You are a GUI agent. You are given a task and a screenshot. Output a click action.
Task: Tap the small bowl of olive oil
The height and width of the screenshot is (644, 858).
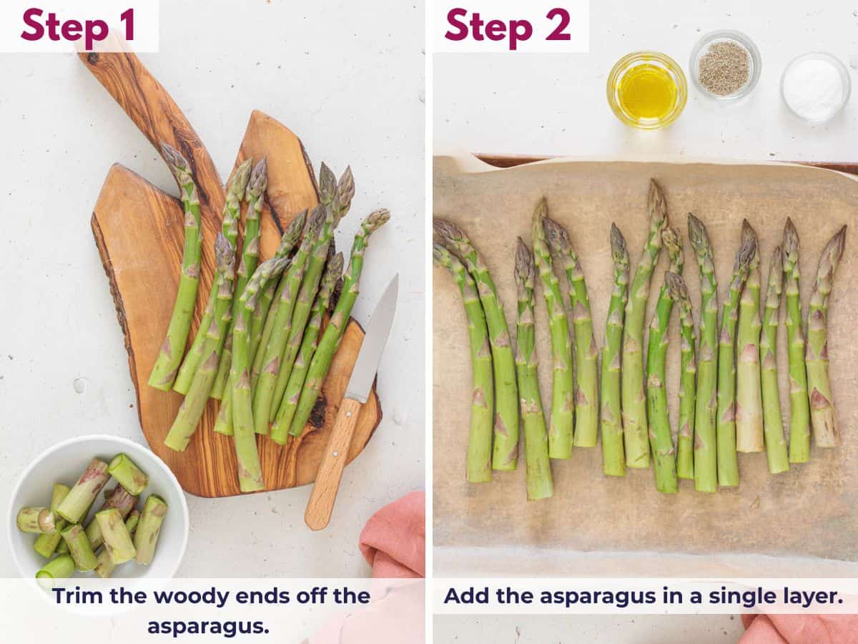(x=646, y=90)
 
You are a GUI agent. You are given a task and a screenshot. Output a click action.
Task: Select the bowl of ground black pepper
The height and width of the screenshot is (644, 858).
(x=724, y=67)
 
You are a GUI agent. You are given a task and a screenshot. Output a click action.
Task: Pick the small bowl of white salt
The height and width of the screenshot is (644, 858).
(x=814, y=88)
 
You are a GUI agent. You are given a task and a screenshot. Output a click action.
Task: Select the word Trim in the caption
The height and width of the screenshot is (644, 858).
(x=76, y=596)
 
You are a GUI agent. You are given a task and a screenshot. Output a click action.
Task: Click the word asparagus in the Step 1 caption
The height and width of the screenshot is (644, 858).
(x=208, y=626)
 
